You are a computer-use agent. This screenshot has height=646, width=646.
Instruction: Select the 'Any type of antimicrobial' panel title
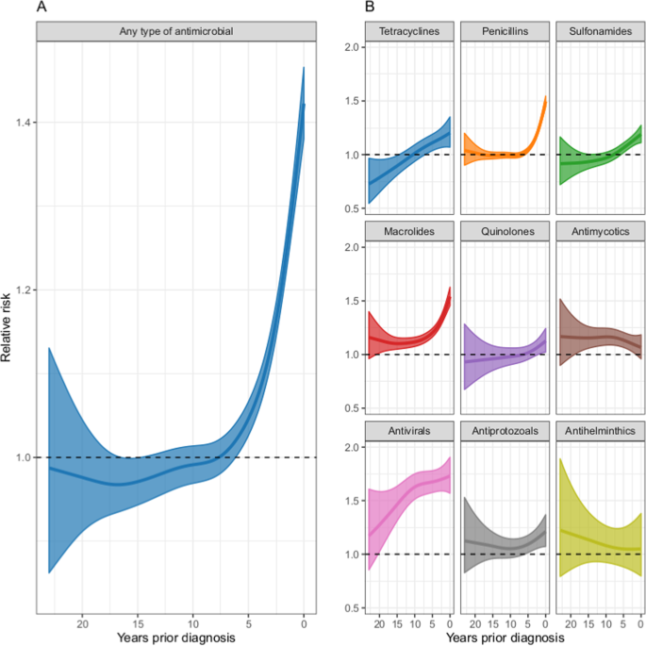pos(176,31)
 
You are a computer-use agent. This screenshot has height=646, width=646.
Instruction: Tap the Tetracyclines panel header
pos(408,31)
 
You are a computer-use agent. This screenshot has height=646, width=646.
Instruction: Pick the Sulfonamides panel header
pos(599,31)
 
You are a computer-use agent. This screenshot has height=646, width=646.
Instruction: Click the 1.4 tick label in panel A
pos(22,123)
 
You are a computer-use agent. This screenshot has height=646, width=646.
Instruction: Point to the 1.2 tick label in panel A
pos(22,290)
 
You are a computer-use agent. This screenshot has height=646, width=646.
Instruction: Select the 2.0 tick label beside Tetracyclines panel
pos(352,47)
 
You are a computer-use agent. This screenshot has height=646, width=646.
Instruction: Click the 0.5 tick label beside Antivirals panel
pos(352,607)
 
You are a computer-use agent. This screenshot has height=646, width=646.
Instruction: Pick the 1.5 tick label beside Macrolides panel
pos(352,301)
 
